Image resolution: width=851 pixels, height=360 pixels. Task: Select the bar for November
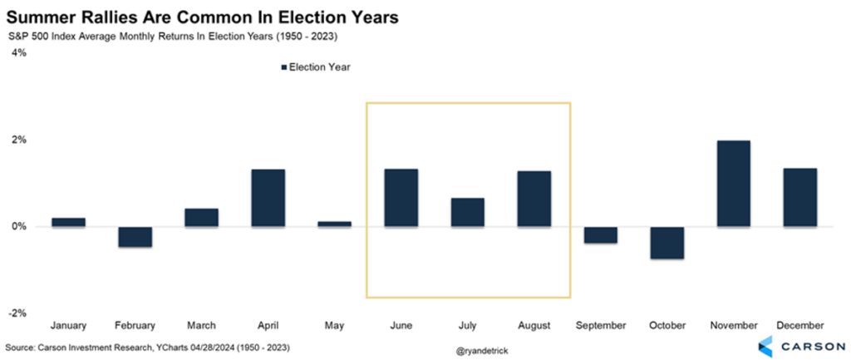[734, 184]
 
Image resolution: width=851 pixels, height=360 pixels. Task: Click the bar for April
[268, 198]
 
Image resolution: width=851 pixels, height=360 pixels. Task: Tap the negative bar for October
[667, 243]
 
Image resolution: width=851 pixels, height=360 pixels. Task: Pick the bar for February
[135, 237]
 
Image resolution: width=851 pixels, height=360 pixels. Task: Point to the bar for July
[467, 212]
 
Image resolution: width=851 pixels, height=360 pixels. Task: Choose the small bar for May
[334, 224]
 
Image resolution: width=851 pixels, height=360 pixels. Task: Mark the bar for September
[600, 235]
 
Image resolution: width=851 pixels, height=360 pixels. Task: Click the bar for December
[800, 197]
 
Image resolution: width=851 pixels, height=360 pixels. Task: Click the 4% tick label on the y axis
[18, 52]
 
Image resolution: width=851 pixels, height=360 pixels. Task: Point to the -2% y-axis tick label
[17, 313]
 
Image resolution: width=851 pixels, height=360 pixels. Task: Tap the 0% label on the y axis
[18, 227]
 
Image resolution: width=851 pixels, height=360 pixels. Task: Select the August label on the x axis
[534, 325]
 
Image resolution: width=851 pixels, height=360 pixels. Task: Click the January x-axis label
[68, 325]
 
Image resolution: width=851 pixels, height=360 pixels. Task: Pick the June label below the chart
[401, 325]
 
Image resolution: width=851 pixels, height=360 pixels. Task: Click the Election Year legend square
[283, 67]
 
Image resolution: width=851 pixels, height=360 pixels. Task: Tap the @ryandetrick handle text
[482, 351]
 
